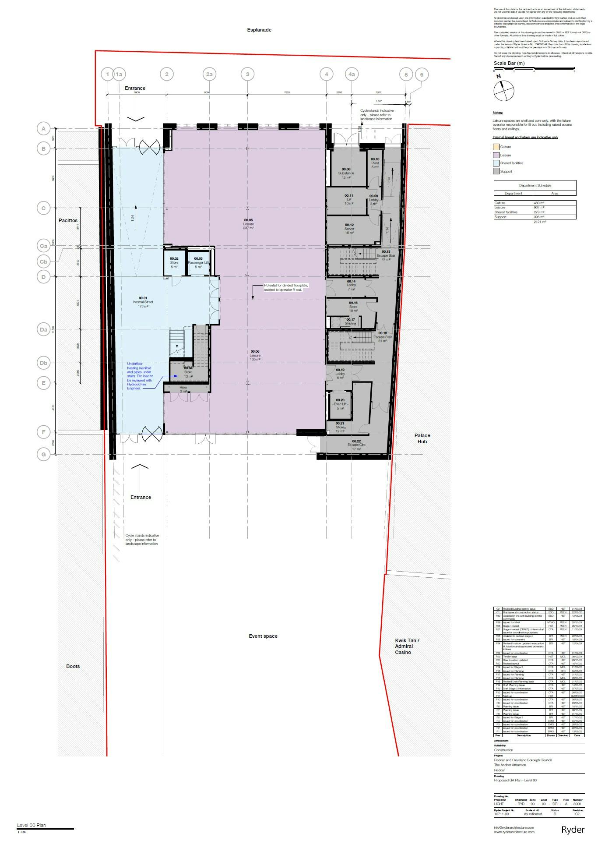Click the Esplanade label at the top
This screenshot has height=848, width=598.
pyautogui.click(x=259, y=30)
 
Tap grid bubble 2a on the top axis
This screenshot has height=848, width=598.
pyautogui.click(x=209, y=74)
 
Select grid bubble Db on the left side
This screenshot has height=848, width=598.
pyautogui.click(x=43, y=363)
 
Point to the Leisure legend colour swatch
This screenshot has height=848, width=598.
pyautogui.click(x=496, y=155)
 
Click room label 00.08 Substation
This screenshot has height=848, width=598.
pyautogui.click(x=346, y=171)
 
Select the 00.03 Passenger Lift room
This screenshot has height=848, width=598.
pyautogui.click(x=198, y=262)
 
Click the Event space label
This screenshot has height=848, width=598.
pyautogui.click(x=263, y=636)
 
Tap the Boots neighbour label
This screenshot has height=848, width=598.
pyautogui.click(x=73, y=666)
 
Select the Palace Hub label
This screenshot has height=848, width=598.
pyautogui.click(x=422, y=438)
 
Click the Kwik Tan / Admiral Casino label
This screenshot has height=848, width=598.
pyautogui.click(x=407, y=646)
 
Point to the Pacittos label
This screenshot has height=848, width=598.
pyautogui.click(x=68, y=221)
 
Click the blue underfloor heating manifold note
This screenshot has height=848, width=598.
pyautogui.click(x=140, y=376)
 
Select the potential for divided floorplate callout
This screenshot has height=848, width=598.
pyautogui.click(x=286, y=287)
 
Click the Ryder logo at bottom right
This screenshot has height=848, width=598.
pyautogui.click(x=573, y=830)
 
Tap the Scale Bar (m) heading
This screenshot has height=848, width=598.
pyautogui.click(x=509, y=63)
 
